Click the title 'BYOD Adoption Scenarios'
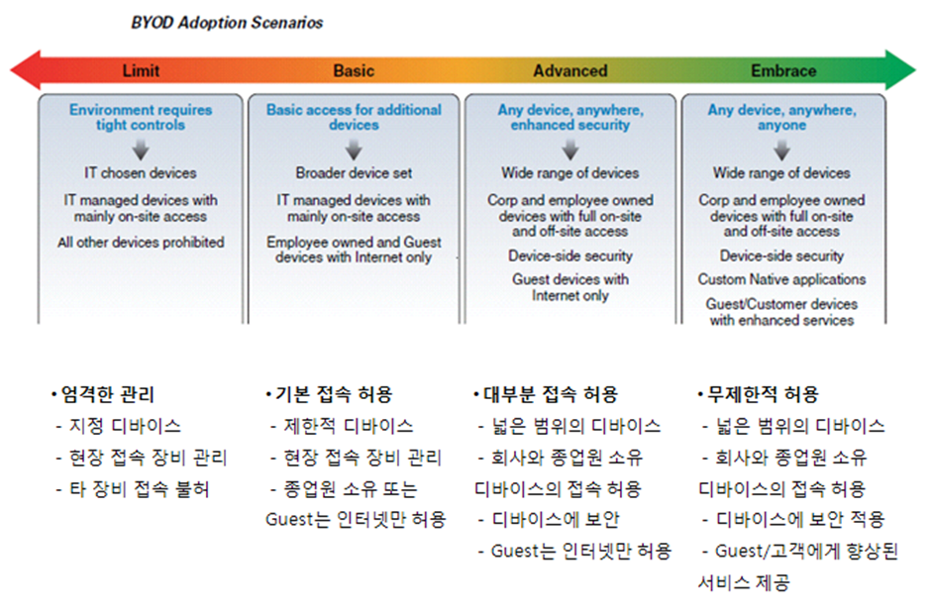tap(227, 23)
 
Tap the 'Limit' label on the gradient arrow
tap(141, 70)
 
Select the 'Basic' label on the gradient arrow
tap(354, 70)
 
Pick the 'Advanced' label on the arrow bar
tap(570, 70)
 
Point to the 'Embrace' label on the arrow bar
tap(783, 70)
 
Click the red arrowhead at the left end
tap(26, 70)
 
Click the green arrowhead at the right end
tap(900, 70)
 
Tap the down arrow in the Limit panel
tap(141, 151)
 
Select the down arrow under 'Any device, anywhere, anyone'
tap(782, 151)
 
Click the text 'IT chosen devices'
tap(141, 172)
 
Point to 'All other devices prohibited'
tap(141, 242)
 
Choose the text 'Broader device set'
tap(354, 172)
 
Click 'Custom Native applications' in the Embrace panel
tap(782, 279)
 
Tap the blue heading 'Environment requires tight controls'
tap(141, 117)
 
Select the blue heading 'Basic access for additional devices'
tap(354, 117)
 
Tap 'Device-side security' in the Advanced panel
tap(570, 256)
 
